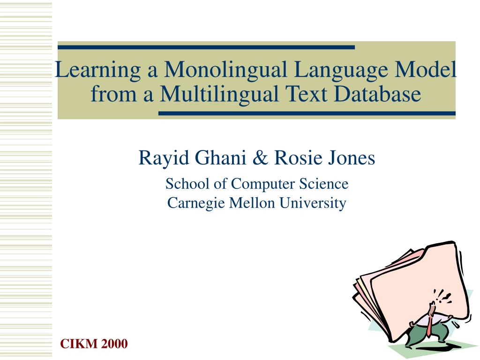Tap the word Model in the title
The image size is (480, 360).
[x=426, y=70]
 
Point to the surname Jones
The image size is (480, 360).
[x=352, y=158]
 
